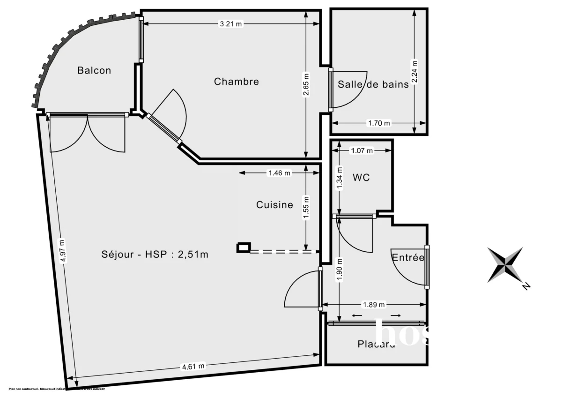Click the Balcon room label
click(94, 70)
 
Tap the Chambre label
click(236, 82)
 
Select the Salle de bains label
click(373, 85)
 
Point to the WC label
click(361, 178)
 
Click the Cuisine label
click(274, 205)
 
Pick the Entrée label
click(408, 257)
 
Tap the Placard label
click(376, 344)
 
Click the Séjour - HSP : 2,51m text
click(155, 255)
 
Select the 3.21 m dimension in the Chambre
click(230, 24)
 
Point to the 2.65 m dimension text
click(306, 85)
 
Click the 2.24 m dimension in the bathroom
click(414, 71)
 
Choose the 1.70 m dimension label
click(379, 123)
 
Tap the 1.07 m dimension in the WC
click(362, 151)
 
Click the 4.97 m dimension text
click(62, 250)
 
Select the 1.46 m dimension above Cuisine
click(279, 173)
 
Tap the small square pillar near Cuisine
click(244, 247)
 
